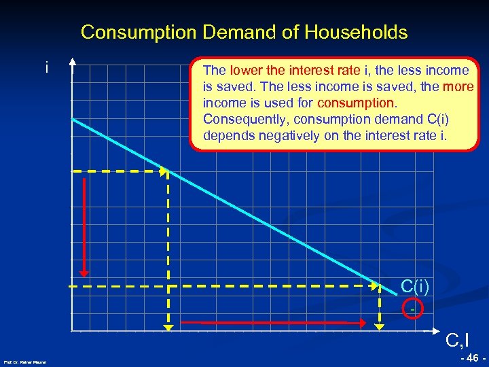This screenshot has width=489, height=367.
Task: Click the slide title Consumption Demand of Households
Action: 244,32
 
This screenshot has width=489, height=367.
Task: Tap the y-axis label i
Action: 46,68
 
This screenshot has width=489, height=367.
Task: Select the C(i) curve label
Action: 414,287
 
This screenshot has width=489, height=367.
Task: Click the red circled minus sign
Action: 412,309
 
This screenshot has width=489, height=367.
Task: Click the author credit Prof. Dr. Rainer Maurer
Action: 25,362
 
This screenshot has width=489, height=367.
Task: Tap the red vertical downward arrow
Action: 84,225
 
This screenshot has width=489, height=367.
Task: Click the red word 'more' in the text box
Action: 457,87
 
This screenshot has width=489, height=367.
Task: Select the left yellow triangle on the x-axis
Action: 168,327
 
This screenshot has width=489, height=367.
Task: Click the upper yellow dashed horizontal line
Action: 119,171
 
